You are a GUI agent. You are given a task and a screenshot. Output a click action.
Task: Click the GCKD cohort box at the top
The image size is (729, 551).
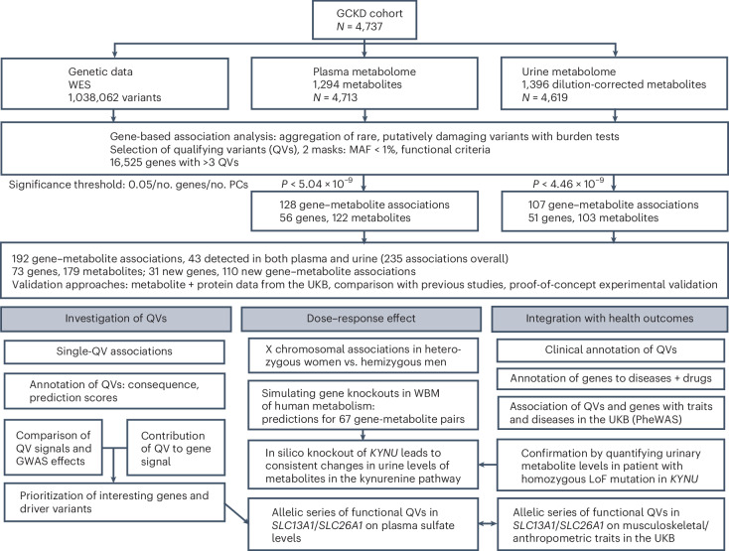[364, 20]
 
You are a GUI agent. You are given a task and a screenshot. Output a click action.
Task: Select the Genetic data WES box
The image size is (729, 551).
[115, 83]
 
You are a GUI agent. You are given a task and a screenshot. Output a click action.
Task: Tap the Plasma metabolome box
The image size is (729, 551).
[364, 83]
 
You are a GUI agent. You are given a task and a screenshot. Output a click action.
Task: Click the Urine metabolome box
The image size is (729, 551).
[614, 83]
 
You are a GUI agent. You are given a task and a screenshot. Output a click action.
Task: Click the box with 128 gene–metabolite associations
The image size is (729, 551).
[364, 211]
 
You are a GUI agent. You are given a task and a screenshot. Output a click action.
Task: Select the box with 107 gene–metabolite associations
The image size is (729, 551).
[614, 211]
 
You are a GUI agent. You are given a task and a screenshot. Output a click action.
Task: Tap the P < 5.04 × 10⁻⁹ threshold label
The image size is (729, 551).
[317, 184]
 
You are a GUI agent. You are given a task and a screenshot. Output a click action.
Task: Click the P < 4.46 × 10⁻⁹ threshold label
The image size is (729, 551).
[569, 184]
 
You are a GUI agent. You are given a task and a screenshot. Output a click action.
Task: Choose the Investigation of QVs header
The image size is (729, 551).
[116, 319]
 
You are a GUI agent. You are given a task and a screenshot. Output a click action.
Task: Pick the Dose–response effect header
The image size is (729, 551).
[361, 319]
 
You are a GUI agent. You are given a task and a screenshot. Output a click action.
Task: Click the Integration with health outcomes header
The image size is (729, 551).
[610, 319]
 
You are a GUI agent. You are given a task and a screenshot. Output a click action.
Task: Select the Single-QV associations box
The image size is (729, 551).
[114, 351]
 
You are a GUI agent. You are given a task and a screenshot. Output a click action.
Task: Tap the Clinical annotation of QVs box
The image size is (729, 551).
[611, 350]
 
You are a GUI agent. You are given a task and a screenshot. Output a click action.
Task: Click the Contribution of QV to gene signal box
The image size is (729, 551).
[176, 448]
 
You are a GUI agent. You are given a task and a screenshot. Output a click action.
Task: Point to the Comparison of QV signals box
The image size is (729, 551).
[53, 448]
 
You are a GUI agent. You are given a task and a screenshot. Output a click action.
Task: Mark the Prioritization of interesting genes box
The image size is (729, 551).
[114, 502]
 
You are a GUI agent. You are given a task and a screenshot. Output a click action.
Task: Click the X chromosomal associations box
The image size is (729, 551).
[364, 355]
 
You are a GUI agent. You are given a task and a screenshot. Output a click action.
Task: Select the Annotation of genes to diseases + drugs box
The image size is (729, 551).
[611, 378]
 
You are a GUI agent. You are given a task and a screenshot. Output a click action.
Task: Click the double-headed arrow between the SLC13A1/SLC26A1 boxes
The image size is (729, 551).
[488, 524]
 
